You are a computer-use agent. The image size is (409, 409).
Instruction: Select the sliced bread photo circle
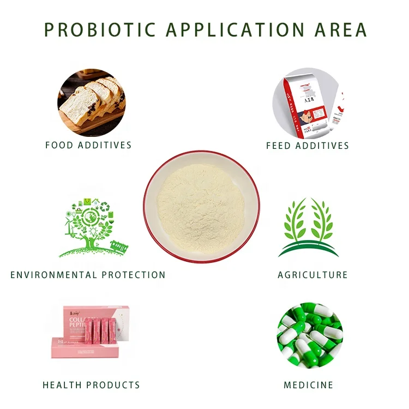click(91, 102)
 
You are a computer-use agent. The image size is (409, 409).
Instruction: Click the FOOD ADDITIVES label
click(88, 146)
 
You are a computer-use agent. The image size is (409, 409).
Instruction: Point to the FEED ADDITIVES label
click(308, 146)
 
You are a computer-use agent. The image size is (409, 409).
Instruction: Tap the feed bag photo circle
click(305, 104)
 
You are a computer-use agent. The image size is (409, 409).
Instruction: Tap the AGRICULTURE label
click(312, 275)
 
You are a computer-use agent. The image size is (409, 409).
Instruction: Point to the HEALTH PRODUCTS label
click(91, 385)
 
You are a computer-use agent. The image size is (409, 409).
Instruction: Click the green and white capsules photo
click(309, 334)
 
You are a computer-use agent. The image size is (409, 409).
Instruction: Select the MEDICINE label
click(308, 385)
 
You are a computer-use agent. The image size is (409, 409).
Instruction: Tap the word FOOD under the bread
click(58, 146)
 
